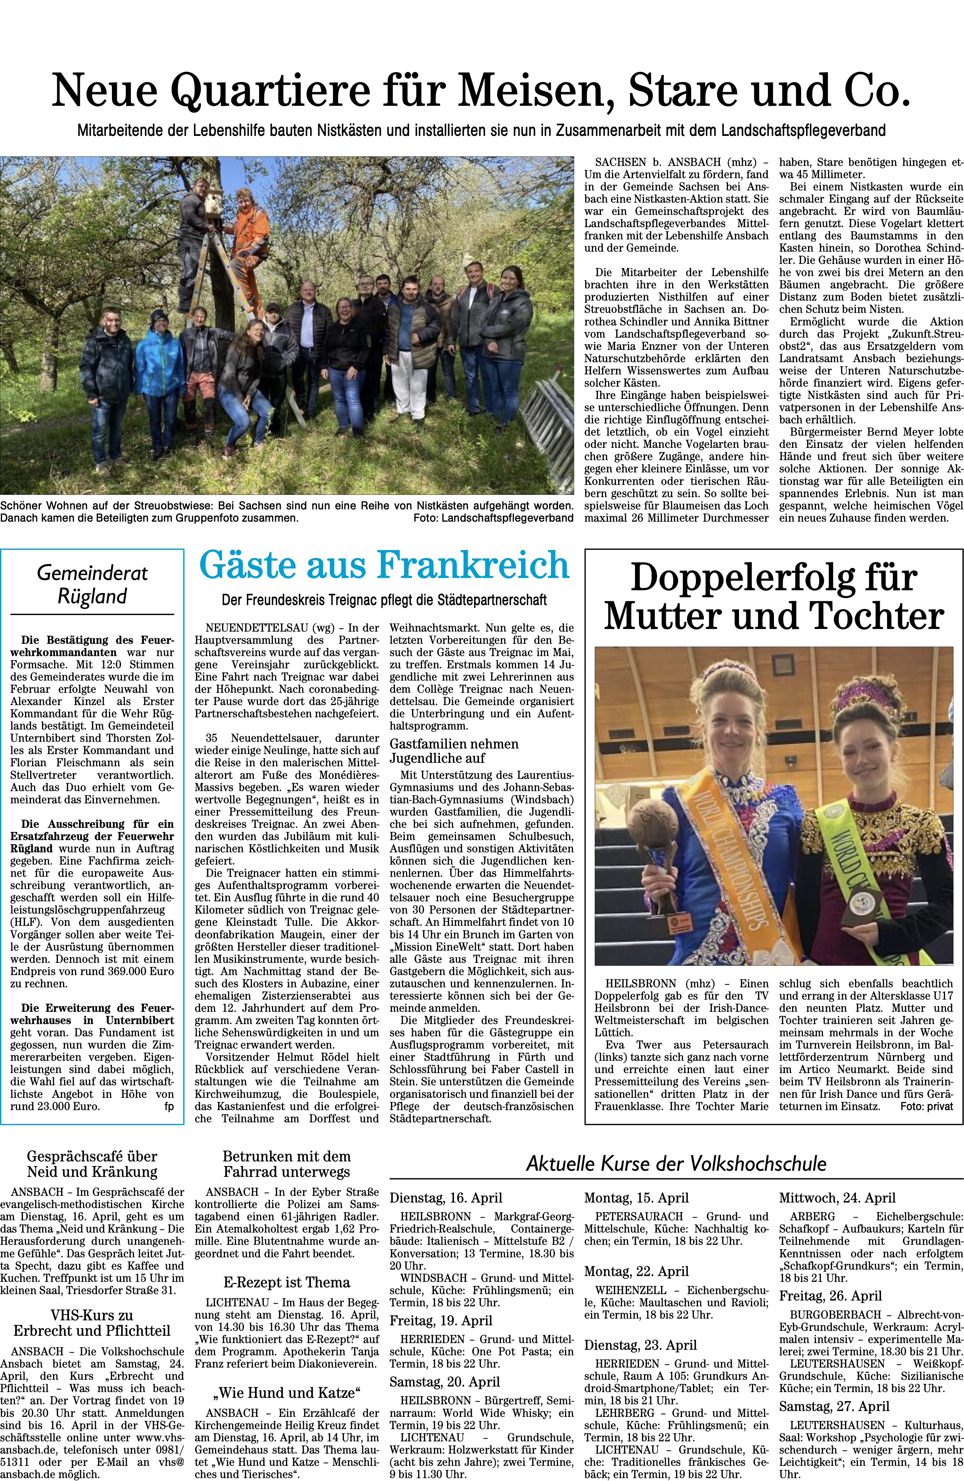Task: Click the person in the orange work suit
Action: click(x=247, y=236)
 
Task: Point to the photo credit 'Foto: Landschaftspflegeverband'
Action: click(x=492, y=518)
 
